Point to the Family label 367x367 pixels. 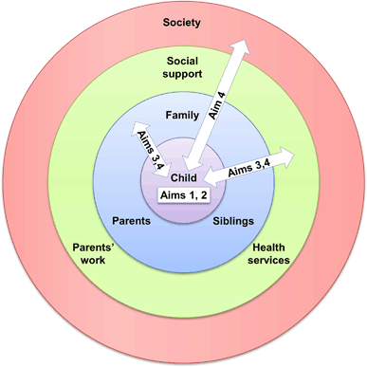181,115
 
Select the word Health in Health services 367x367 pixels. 269,247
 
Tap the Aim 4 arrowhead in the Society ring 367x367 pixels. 245,47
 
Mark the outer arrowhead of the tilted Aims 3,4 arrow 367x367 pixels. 138,128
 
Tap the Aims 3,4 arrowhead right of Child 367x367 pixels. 210,176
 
